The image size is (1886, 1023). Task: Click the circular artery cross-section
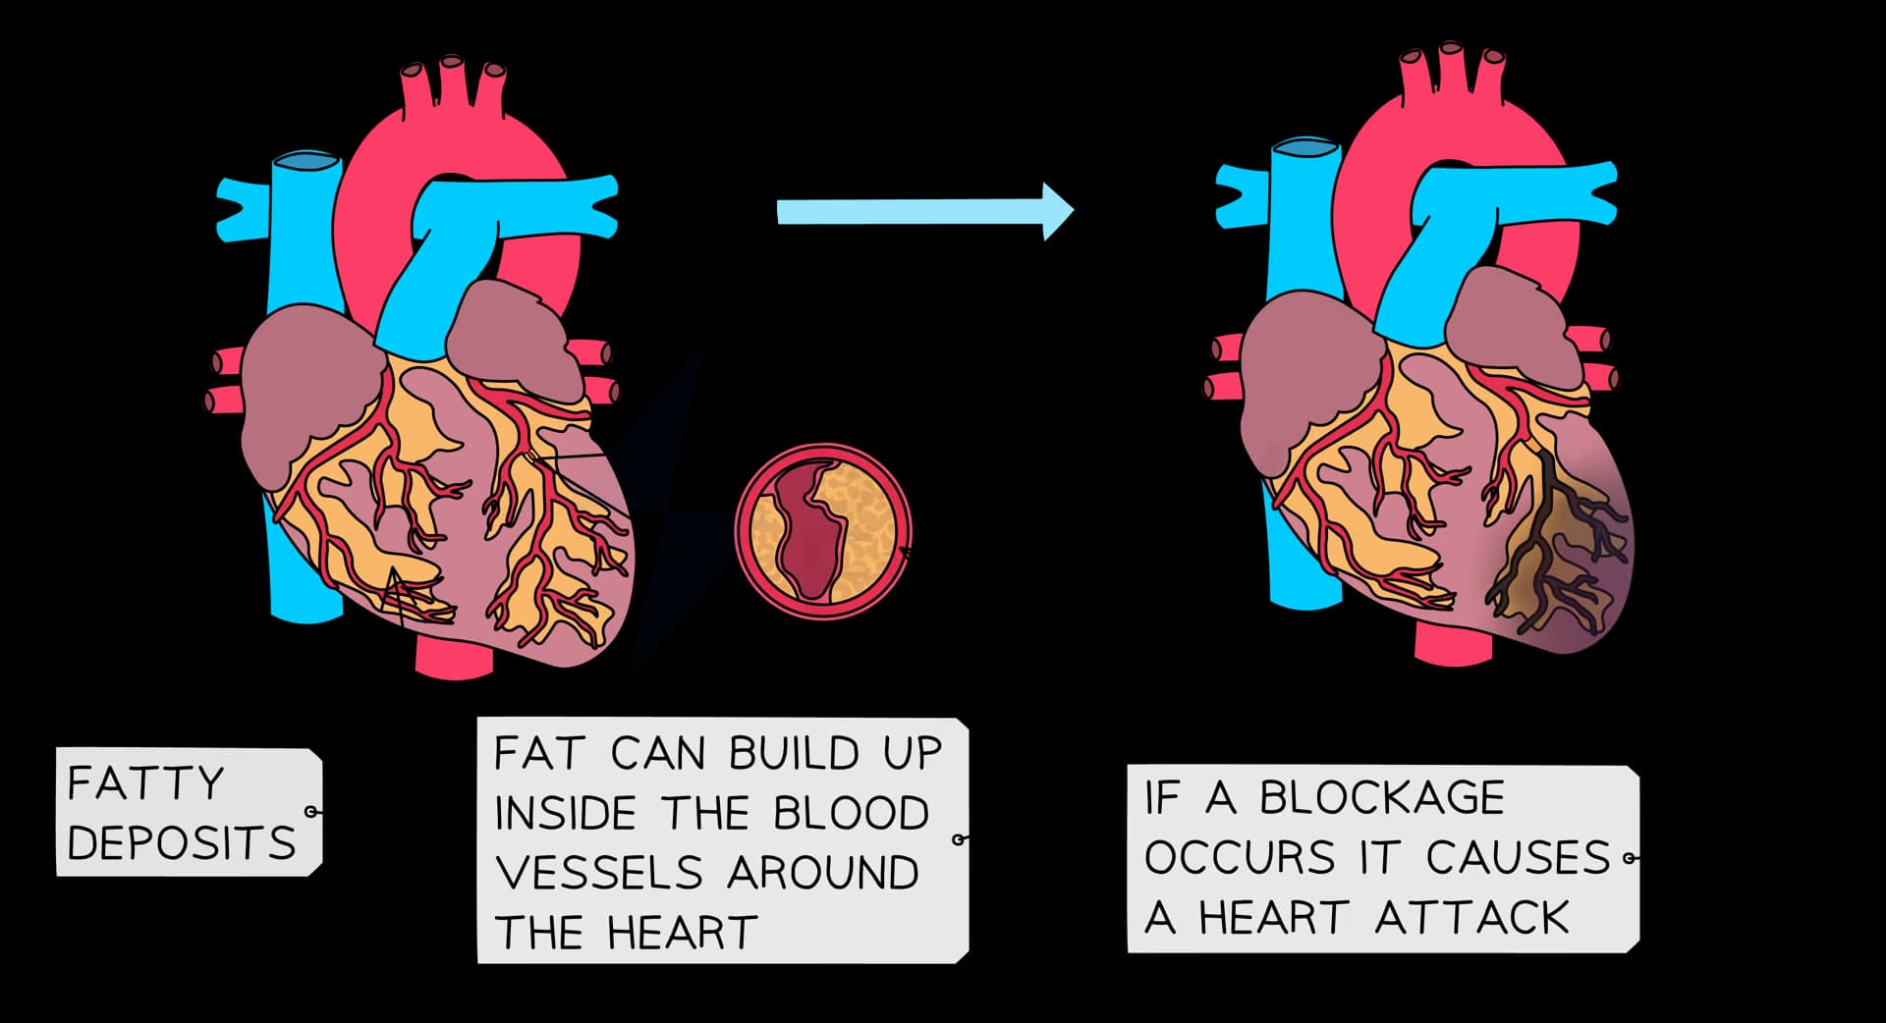point(823,531)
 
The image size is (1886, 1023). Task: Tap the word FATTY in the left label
point(145,783)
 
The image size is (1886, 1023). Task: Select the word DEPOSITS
point(182,843)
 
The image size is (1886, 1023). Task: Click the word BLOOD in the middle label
point(851,813)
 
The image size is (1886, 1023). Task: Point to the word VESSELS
point(598,873)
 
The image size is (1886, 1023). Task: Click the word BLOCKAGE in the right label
point(1381,797)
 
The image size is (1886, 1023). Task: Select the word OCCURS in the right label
point(1240,858)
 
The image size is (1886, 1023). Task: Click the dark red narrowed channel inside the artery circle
point(810,535)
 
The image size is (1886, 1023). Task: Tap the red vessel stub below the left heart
point(453,658)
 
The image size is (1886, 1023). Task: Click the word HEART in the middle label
point(682,932)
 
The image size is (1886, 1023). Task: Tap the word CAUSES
point(1518,858)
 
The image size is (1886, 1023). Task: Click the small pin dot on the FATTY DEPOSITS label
point(311,812)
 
